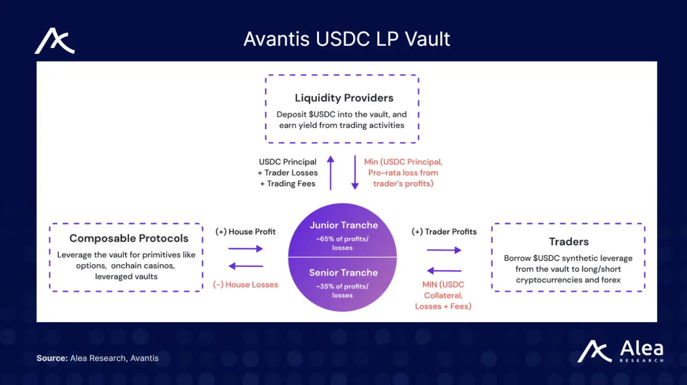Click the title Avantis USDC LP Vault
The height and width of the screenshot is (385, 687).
(x=346, y=39)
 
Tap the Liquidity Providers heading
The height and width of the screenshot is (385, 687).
(x=344, y=98)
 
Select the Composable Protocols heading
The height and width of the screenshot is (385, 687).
(x=129, y=238)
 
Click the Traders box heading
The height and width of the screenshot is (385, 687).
(x=568, y=242)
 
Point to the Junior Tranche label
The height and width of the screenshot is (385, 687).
(x=343, y=225)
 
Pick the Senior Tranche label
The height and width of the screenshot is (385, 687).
(x=343, y=273)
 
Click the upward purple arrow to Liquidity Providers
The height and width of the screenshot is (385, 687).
(x=330, y=173)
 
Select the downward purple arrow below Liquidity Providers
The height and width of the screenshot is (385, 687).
(x=355, y=173)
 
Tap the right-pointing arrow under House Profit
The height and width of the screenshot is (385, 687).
(x=245, y=249)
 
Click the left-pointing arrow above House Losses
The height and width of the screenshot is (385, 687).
(x=245, y=266)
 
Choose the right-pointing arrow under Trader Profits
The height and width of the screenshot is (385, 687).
(x=444, y=250)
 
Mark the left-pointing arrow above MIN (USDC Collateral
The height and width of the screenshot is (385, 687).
(x=444, y=271)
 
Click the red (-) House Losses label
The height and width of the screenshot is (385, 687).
(x=245, y=285)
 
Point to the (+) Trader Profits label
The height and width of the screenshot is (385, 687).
(x=444, y=232)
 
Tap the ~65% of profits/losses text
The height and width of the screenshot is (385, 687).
(x=342, y=243)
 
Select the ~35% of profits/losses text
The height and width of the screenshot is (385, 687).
(x=342, y=291)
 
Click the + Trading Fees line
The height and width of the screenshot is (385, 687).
(x=288, y=184)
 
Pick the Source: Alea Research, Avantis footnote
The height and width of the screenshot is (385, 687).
(x=98, y=358)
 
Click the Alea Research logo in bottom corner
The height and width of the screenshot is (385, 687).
(x=620, y=351)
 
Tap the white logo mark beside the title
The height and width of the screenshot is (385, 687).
(x=54, y=41)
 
